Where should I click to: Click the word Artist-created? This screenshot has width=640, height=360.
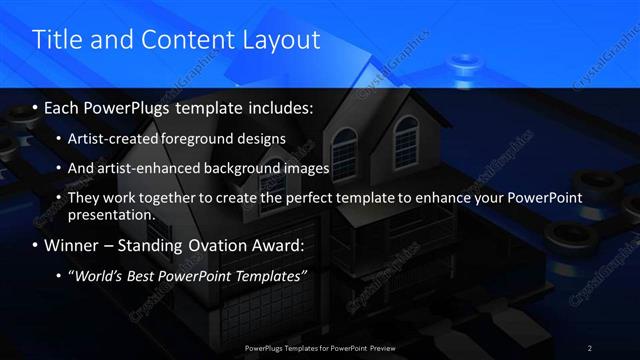113,138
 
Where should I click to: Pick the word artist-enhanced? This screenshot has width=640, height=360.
145,168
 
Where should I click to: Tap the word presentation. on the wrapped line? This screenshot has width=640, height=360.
111,214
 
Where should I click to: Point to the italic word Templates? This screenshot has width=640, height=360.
268,276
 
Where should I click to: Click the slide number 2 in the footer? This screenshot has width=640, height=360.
590,348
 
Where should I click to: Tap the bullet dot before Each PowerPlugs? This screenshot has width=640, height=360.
37,106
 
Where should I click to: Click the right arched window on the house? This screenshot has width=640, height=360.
405,131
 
